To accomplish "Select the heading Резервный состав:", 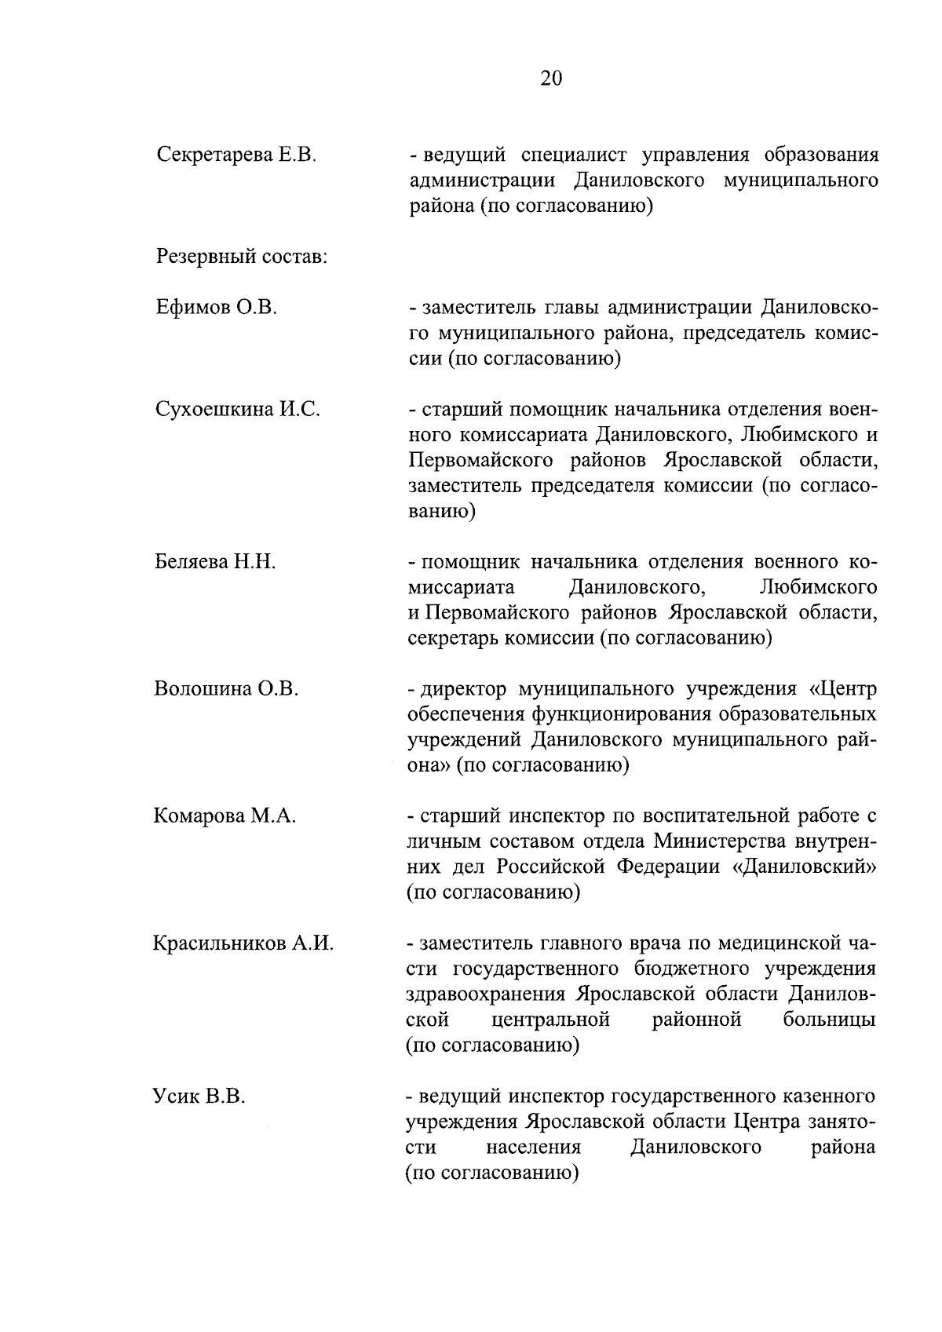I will (242, 257).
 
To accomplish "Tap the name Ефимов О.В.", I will (217, 308).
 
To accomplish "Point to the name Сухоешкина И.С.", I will (238, 409).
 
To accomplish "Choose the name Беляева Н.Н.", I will (215, 562).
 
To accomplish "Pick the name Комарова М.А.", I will (225, 816).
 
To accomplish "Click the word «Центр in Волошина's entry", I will (842, 689).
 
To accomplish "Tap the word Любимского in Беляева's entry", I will (819, 587).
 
